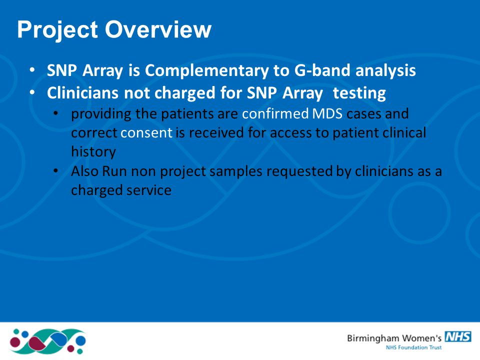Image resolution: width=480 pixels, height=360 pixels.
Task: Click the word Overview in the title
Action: click(x=158, y=29)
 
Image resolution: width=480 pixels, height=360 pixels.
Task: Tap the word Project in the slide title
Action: click(x=57, y=30)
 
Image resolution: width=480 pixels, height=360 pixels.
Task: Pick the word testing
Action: click(x=359, y=93)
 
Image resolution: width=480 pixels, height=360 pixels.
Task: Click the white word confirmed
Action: click(x=275, y=113)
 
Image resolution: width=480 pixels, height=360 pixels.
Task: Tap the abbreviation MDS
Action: click(x=327, y=114)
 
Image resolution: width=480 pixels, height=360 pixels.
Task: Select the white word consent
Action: click(x=146, y=133)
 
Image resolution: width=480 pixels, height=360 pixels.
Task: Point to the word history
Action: click(x=93, y=152)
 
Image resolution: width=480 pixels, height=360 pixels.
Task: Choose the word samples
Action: click(x=235, y=171)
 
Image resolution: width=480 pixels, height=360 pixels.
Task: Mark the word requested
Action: click(x=299, y=171)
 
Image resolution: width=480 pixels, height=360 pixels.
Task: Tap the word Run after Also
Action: click(x=114, y=171)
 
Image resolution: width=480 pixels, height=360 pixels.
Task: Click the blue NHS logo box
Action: click(x=458, y=336)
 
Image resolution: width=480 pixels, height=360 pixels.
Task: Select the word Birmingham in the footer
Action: click(x=373, y=339)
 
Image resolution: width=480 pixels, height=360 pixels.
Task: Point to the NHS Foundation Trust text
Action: click(x=413, y=347)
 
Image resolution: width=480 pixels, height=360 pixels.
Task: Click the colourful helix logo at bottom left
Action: click(x=47, y=341)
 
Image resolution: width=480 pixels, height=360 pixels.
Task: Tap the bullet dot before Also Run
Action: click(x=55, y=170)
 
